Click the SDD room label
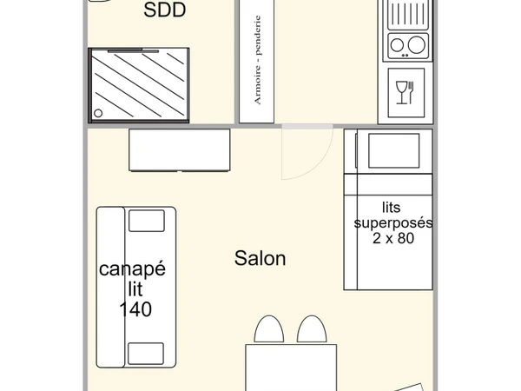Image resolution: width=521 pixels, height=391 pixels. [165, 11]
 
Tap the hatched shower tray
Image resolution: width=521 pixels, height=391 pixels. [139, 83]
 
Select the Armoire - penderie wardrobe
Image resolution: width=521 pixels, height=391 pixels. [257, 61]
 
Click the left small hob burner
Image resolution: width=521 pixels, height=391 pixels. [399, 45]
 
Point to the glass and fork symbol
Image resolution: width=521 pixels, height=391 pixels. [405, 92]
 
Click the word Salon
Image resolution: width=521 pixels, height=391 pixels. [260, 258]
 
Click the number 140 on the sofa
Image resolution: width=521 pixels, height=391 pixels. [136, 308]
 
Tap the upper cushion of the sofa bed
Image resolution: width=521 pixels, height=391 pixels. [146, 222]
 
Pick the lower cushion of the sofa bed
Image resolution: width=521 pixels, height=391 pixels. [146, 354]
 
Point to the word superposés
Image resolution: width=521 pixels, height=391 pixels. [392, 222]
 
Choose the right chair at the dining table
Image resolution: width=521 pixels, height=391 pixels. [311, 330]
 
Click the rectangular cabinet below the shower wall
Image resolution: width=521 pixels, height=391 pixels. [180, 150]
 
